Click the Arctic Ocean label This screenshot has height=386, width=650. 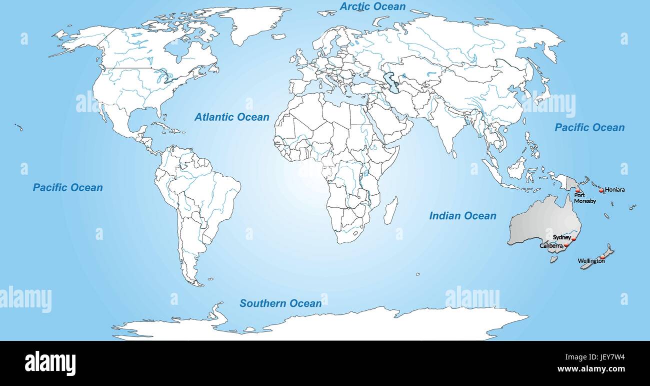coord(373,7)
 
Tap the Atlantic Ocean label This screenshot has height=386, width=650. coord(232,117)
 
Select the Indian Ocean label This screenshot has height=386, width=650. coord(462,216)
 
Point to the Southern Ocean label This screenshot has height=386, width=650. coord(280,303)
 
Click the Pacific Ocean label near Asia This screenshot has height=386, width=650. coord(589,128)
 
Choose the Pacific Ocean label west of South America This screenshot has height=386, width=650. coord(68,188)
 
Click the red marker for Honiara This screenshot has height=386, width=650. coord(601,190)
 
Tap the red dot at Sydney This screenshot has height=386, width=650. coord(573,239)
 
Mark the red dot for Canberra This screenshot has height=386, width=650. coord(566,246)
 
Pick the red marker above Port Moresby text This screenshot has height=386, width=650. coord(578,191)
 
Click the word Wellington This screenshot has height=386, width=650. coord(590,261)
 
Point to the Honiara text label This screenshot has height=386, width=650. coord(615,190)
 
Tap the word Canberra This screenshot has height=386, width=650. coord(551,246)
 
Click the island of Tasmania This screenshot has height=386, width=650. coord(553,259)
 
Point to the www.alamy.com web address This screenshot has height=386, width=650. coord(591,369)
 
